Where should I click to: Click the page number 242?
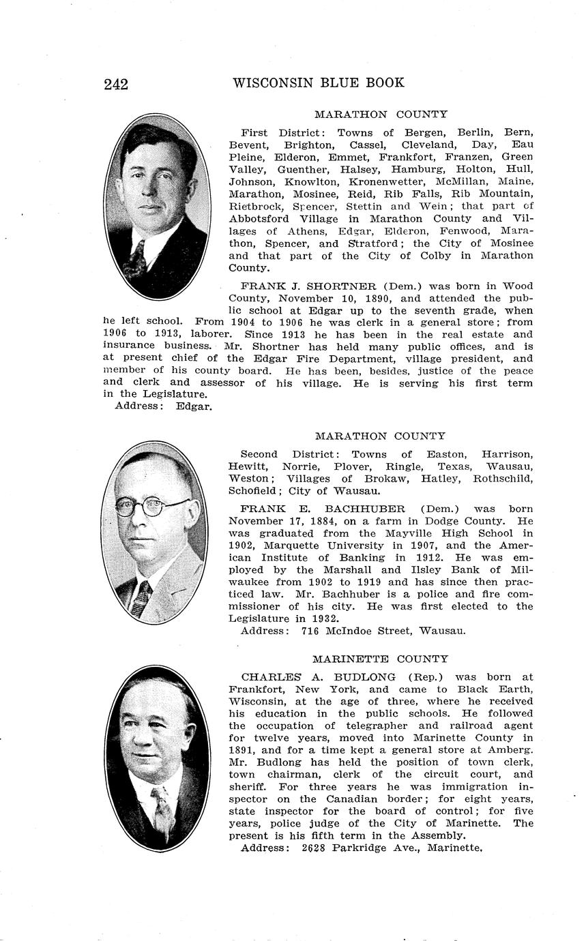(x=116, y=85)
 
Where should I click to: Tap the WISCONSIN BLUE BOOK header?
(x=318, y=83)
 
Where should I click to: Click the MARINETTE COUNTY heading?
(x=380, y=659)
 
